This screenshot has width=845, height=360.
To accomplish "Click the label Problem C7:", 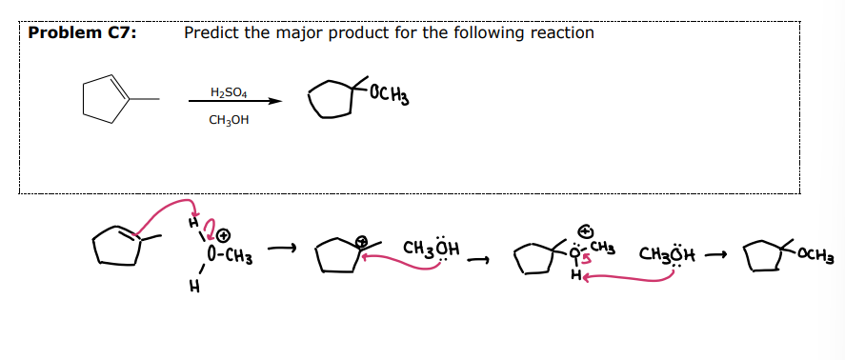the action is pyautogui.click(x=82, y=33).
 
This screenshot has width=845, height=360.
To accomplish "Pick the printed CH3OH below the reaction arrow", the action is pyautogui.click(x=229, y=121).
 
